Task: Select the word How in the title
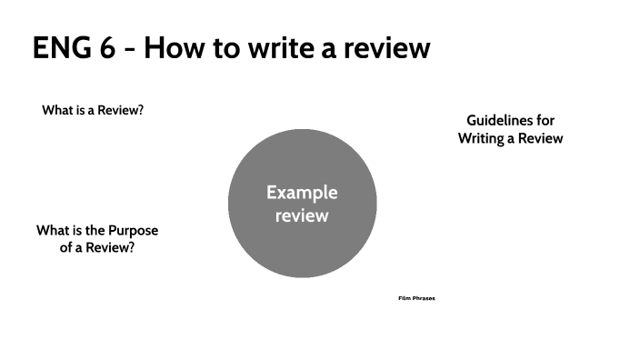173,48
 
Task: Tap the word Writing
485,139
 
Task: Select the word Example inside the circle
302,193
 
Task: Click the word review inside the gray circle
302,216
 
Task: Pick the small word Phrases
424,298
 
